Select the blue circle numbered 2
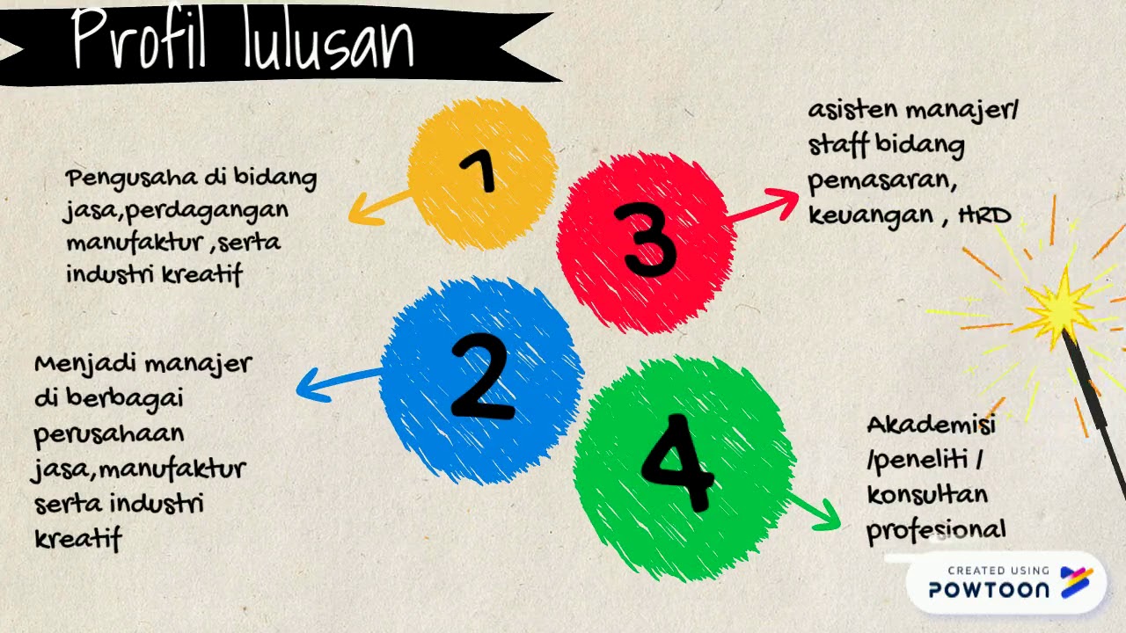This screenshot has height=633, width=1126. pyautogui.click(x=480, y=380)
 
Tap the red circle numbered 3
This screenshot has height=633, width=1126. pyautogui.click(x=647, y=242)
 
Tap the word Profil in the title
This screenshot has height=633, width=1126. pyautogui.click(x=141, y=40)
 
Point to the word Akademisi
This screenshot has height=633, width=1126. pyautogui.click(x=931, y=426)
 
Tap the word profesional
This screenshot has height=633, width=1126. pyautogui.click(x=935, y=530)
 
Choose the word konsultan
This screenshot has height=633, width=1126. pyautogui.click(x=927, y=494)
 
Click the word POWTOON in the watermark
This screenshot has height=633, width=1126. pyautogui.click(x=989, y=590)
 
